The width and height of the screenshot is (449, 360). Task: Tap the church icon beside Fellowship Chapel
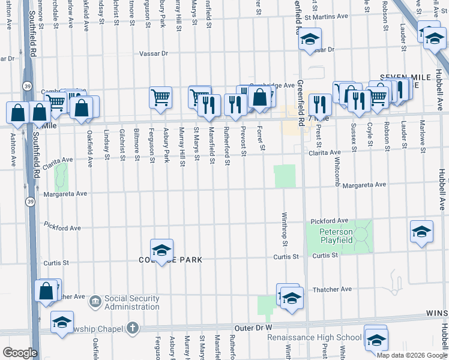click(133, 328)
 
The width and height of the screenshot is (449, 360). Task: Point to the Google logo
click(20, 353)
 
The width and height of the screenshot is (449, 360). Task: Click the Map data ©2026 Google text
click(411, 355)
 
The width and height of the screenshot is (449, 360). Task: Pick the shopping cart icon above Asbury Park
click(160, 97)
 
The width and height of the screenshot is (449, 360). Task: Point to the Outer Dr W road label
click(253, 328)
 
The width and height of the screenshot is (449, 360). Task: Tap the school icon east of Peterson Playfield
click(421, 232)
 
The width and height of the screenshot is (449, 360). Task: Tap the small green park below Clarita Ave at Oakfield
click(61, 175)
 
